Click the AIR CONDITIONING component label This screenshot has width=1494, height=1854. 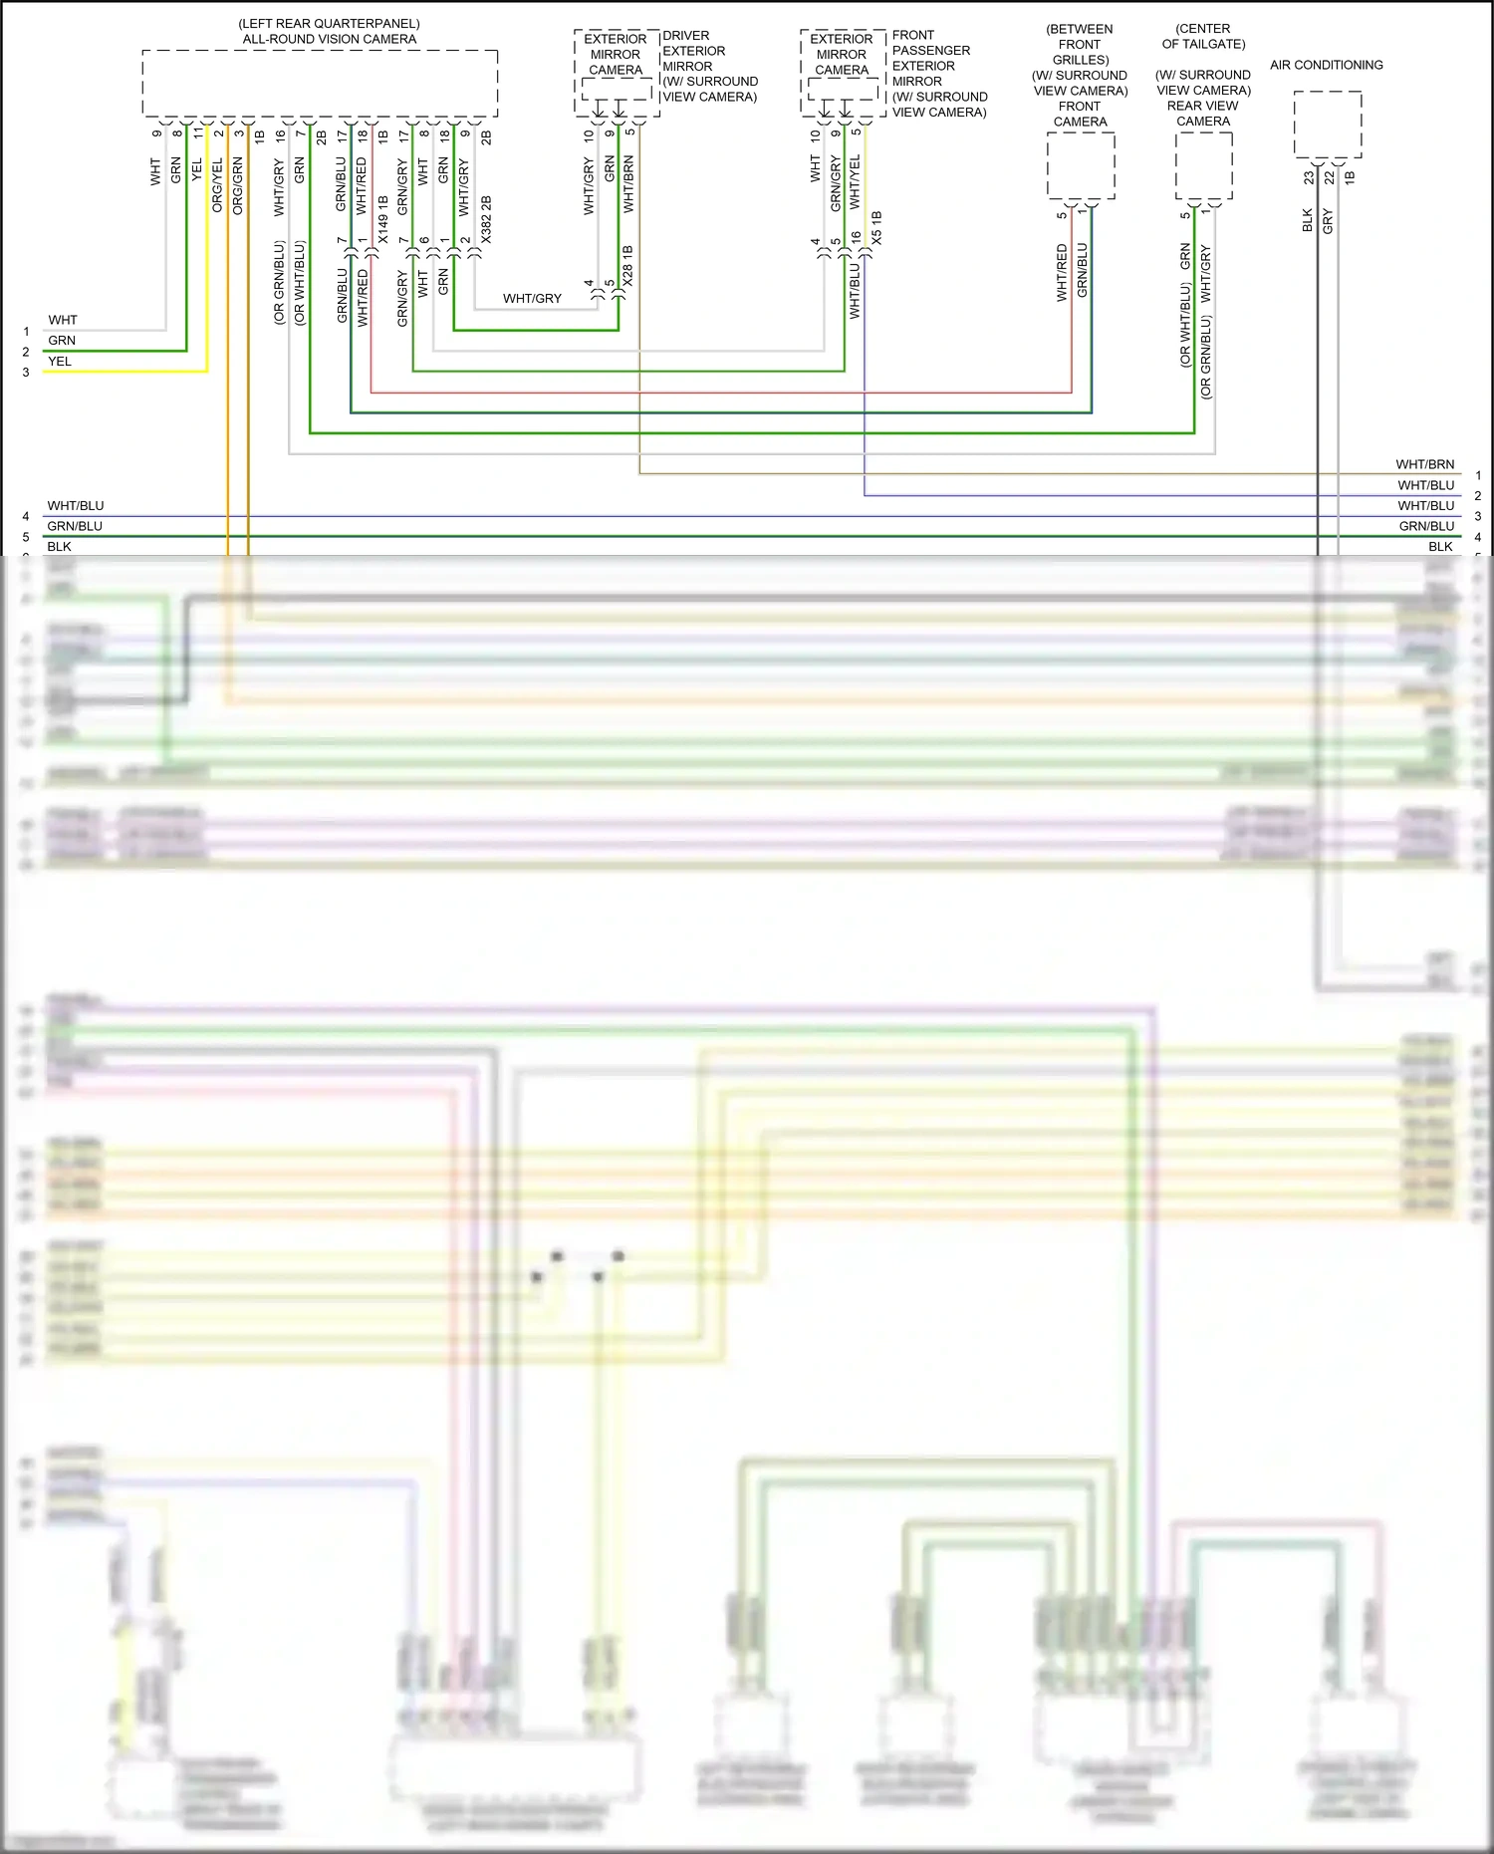point(1326,65)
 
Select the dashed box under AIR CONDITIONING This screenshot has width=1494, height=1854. point(1328,124)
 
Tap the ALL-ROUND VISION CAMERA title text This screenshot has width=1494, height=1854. point(329,39)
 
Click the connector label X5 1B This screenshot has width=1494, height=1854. point(876,228)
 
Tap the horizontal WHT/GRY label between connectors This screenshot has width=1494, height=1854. point(532,298)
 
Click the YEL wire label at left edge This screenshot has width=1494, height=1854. point(60,362)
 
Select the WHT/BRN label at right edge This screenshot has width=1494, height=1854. point(1424,464)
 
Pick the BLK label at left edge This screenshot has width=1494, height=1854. point(59,546)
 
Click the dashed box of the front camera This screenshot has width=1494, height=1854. point(1081,165)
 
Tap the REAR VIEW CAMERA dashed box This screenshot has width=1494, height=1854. point(1203,165)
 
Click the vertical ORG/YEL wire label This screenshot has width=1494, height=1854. point(217,185)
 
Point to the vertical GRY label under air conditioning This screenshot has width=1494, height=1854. point(1328,221)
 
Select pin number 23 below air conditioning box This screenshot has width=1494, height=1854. point(1309,177)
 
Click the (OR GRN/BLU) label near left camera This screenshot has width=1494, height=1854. point(280,283)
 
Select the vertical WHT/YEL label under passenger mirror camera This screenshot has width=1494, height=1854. point(855,181)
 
